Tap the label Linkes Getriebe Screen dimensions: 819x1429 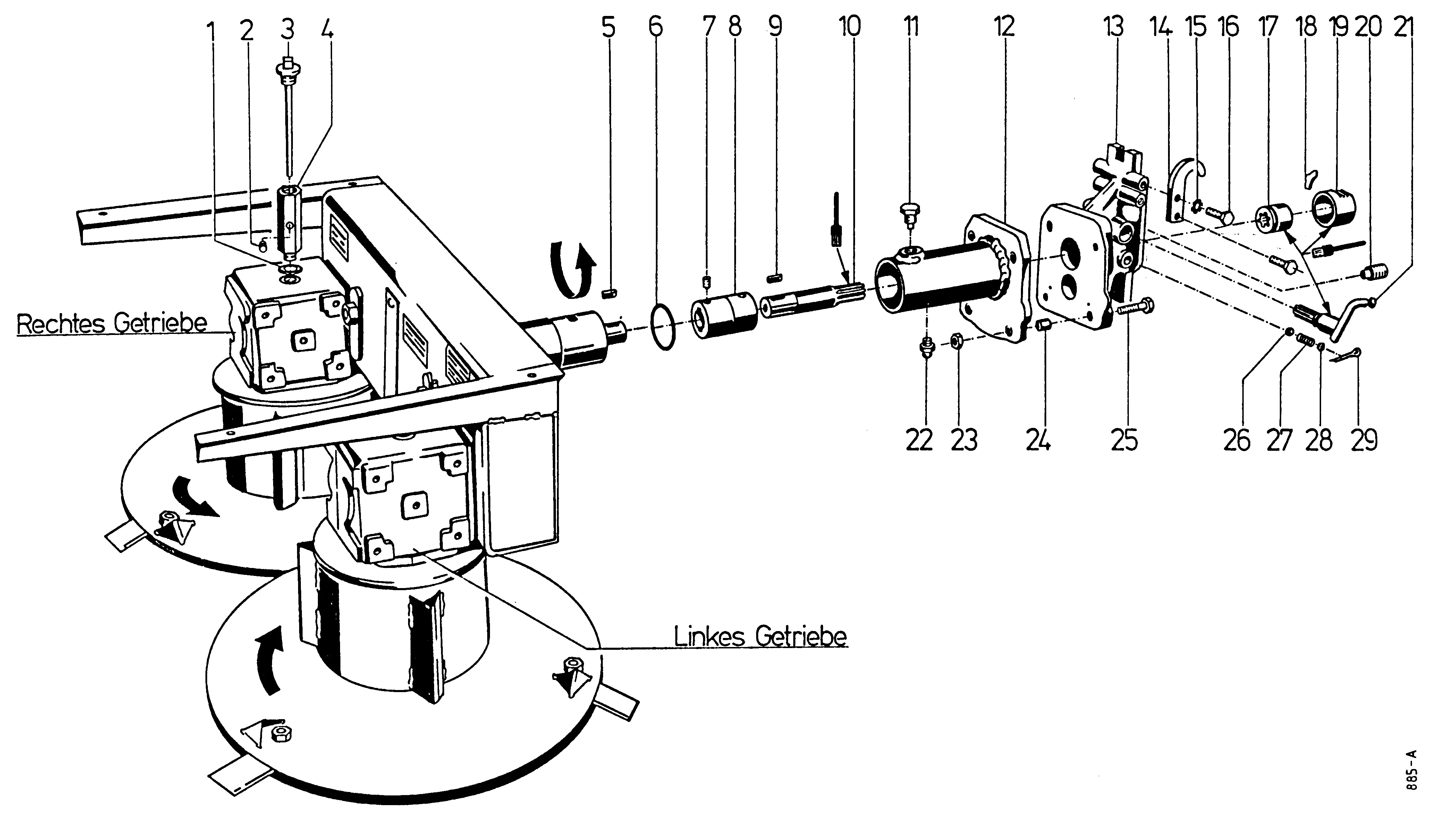[760, 637]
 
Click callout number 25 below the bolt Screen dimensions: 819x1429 [1124, 440]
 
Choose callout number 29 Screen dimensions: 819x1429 [1364, 440]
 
